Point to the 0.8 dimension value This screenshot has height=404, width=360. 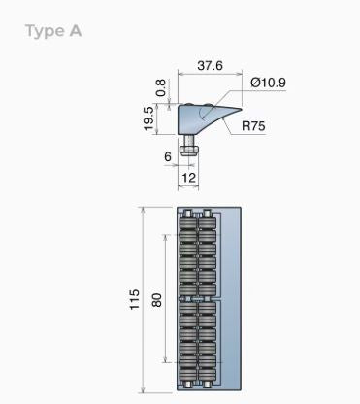pyautogui.click(x=160, y=87)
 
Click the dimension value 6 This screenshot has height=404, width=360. pyautogui.click(x=167, y=157)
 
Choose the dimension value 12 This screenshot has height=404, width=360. pyautogui.click(x=189, y=178)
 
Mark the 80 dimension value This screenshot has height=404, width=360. pyautogui.click(x=157, y=300)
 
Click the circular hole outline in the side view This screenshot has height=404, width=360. pyautogui.click(x=206, y=115)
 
